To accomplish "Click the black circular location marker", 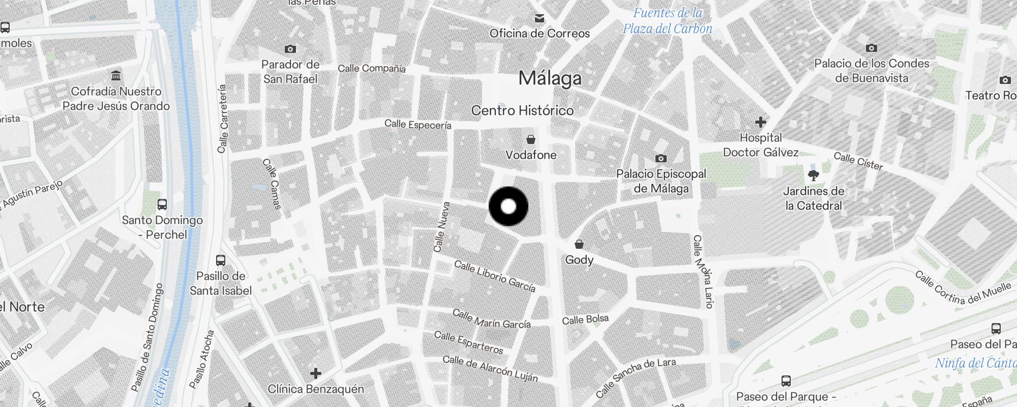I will click(508, 207).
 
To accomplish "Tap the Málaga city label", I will click(550, 78).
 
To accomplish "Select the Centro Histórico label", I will click(522, 110).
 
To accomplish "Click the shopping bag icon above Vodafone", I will click(531, 139).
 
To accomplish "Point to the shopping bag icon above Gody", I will click(579, 245).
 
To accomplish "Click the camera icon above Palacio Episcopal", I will click(661, 158).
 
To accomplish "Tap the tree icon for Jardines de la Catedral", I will click(814, 176).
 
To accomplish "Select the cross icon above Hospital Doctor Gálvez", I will click(761, 122).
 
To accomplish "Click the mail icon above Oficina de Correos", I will click(540, 19).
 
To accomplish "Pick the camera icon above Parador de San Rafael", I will click(290, 49).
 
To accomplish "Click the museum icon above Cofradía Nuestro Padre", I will click(116, 76).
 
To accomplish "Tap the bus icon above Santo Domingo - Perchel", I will click(162, 205).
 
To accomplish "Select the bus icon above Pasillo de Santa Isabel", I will click(221, 260).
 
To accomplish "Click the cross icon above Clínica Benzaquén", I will click(316, 373).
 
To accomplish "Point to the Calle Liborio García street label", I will click(494, 277).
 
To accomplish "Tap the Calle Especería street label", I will click(417, 125).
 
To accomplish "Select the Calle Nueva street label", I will click(441, 227).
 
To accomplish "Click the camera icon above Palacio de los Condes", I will click(872, 48).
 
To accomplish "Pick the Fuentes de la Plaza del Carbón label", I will click(668, 21).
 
